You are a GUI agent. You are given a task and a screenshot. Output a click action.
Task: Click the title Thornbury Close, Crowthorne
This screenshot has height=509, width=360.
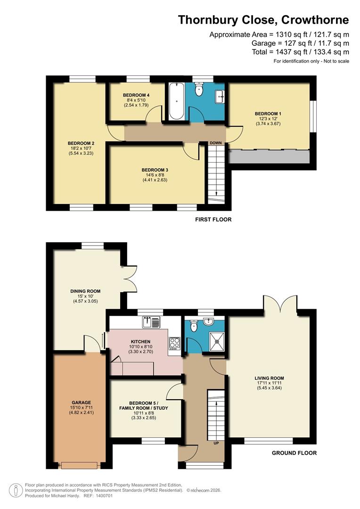pyautogui.click(x=263, y=20)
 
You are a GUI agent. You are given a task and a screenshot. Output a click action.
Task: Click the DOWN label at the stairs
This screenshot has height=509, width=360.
pyautogui.click(x=216, y=143)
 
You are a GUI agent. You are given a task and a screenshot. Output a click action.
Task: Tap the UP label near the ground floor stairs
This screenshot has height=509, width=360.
pyautogui.click(x=216, y=443)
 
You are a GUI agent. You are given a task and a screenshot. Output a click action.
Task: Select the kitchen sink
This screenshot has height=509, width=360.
pyautogui.click(x=152, y=322)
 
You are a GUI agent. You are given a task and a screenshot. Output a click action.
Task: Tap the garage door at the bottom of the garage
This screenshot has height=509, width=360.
pyautogui.click(x=80, y=466)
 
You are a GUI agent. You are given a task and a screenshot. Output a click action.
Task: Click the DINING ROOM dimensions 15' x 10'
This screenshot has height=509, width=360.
pyautogui.click(x=85, y=296)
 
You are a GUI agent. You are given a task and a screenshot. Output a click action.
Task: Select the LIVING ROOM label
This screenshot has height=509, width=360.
pyautogui.click(x=269, y=378)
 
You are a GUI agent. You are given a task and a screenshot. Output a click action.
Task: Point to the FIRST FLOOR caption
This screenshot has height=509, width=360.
pyautogui.click(x=213, y=220)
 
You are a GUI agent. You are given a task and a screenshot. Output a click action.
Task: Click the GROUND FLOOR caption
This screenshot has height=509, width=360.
pyautogui.click(x=294, y=453)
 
